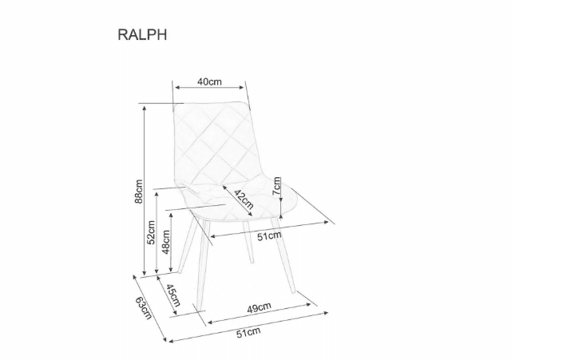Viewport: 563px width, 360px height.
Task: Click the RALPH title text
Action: [142, 35]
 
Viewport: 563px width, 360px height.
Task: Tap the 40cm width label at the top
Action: [209, 82]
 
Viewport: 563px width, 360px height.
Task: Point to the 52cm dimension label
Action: [151, 232]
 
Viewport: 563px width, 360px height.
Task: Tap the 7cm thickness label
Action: [276, 186]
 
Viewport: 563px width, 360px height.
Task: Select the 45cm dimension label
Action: [173, 294]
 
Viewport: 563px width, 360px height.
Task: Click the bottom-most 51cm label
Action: [248, 331]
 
